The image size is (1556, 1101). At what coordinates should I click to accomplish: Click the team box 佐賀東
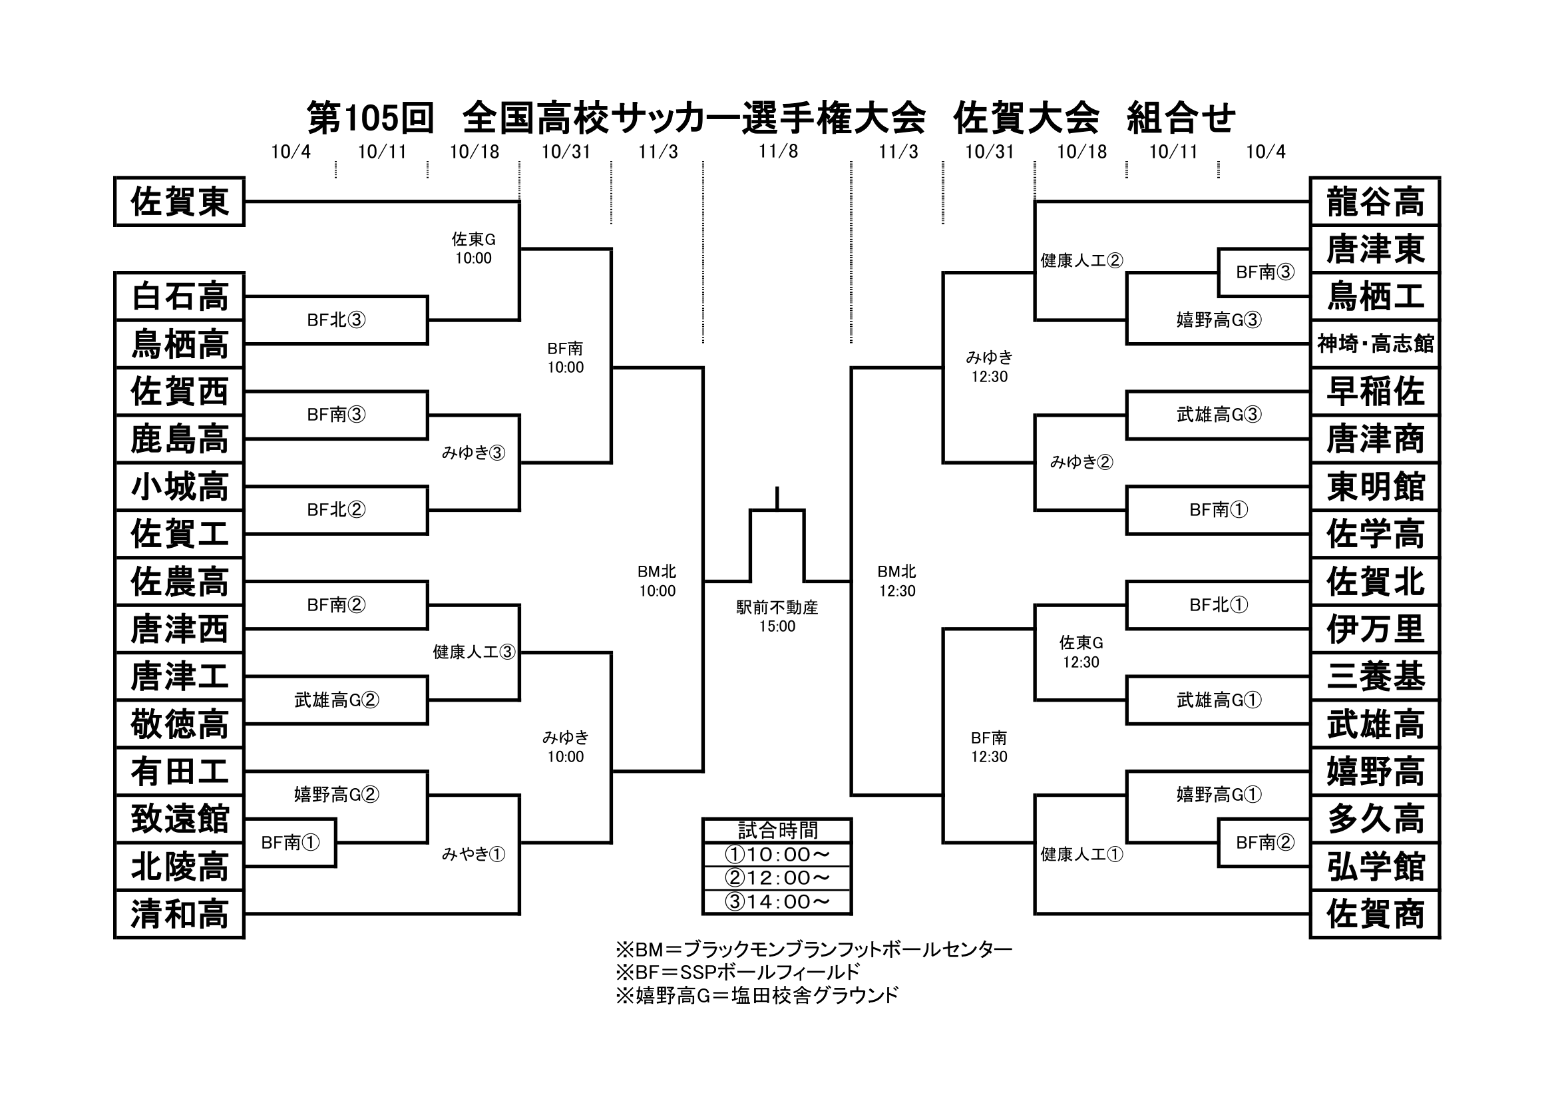pos(179,201)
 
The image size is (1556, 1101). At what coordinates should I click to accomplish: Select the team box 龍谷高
pos(1375,201)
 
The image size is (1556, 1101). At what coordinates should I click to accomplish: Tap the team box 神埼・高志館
pos(1375,343)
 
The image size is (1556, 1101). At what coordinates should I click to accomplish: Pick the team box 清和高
pos(179,914)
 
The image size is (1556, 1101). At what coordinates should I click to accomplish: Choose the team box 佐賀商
pos(1375,914)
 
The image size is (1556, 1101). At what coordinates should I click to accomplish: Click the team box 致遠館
pos(179,819)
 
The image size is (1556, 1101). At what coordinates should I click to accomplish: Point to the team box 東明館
pos(1375,486)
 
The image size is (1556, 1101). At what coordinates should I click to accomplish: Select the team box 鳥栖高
pos(179,343)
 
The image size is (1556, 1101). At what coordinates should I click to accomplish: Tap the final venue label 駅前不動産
pos(777,608)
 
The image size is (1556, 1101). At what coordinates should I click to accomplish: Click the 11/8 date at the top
pos(778,151)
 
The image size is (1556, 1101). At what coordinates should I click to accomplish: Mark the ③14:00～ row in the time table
pos(777,902)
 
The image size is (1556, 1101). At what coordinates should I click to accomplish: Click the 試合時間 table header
pos(777,830)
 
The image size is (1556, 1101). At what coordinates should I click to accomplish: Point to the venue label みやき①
pos(474,854)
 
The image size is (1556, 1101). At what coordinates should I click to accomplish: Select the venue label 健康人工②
pos(1081,260)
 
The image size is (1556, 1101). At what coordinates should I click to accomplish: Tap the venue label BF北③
pos(336,320)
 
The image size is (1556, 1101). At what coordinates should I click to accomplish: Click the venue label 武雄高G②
pos(336,700)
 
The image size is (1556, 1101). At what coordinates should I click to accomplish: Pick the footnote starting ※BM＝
pos(813,949)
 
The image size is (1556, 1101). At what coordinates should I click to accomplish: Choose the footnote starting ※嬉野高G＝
pos(757,994)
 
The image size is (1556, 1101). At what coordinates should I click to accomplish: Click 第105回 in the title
pos(370,118)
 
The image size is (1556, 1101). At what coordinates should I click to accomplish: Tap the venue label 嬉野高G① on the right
pos(1219,794)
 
